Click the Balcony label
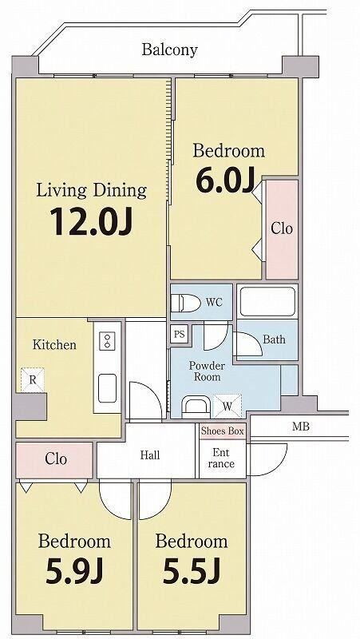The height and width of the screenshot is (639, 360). [x=169, y=50]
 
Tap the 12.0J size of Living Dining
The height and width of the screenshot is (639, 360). [x=91, y=222]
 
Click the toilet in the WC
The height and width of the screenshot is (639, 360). [x=186, y=303]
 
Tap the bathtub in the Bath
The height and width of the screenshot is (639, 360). [x=267, y=302]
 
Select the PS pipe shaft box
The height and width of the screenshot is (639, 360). [x=179, y=335]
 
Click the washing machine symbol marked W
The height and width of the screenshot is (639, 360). [x=227, y=406]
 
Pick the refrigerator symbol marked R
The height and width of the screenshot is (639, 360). [x=33, y=380]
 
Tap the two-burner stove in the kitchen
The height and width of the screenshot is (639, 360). [x=108, y=340]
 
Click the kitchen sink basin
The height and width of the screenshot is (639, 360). [x=108, y=388]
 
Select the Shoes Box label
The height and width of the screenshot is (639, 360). [x=223, y=431]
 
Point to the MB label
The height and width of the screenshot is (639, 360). [x=301, y=427]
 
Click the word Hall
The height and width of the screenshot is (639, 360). [x=150, y=455]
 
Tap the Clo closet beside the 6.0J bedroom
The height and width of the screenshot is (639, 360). [x=283, y=229]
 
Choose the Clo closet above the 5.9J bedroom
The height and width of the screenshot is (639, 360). [x=54, y=460]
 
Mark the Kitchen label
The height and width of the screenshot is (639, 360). [x=54, y=345]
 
